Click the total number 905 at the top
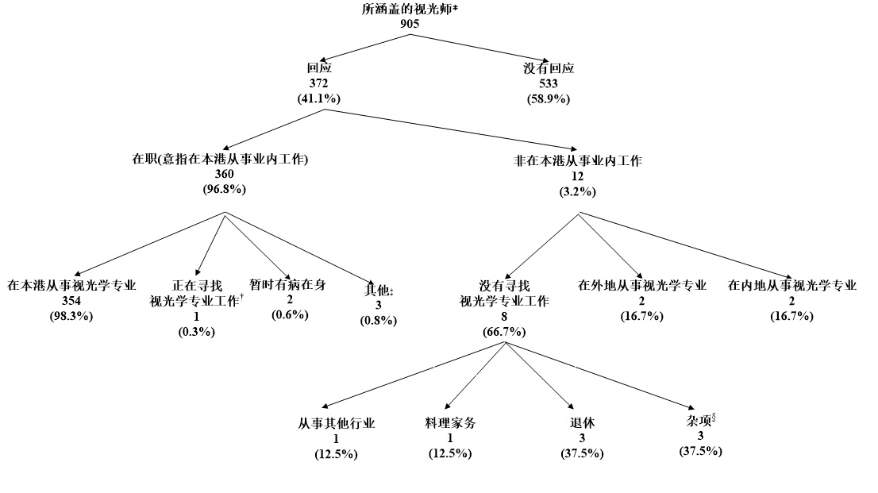pos(410,23)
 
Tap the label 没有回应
pos(549,69)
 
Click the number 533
pos(549,84)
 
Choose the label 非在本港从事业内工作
pos(579,160)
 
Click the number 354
pos(72,301)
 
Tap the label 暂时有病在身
pos(287,284)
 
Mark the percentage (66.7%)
pos(504,331)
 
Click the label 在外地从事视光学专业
pos(642,286)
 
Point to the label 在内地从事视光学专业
pos(792,286)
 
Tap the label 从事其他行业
pos(337,424)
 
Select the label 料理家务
pos(451,424)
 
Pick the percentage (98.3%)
pos(72,316)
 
